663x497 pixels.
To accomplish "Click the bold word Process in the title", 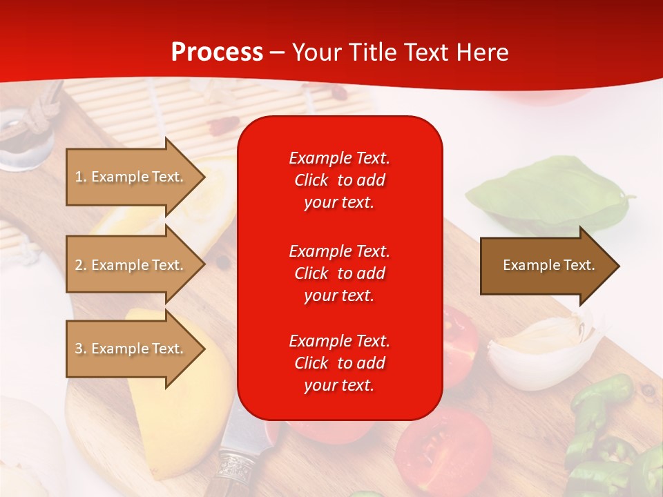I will point(217,52).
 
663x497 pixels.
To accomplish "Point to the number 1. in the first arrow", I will point(81,177).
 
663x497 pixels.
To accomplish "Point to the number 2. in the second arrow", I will point(81,265).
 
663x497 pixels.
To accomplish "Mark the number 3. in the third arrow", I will point(81,349).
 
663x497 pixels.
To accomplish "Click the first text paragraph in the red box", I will point(339,180).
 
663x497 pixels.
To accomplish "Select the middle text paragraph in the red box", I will point(339,273).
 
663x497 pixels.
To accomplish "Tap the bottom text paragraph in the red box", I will point(339,363).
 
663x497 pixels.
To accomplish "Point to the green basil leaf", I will point(546,193).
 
